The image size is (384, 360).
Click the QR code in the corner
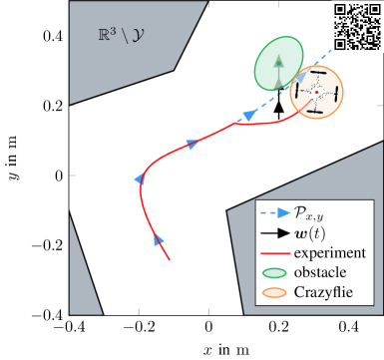coord(356,26)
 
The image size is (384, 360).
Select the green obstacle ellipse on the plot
coord(279,65)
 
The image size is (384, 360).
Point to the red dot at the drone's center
coord(317,93)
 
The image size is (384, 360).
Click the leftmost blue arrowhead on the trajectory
coord(141,178)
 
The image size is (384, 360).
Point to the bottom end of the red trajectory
coord(169,260)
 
